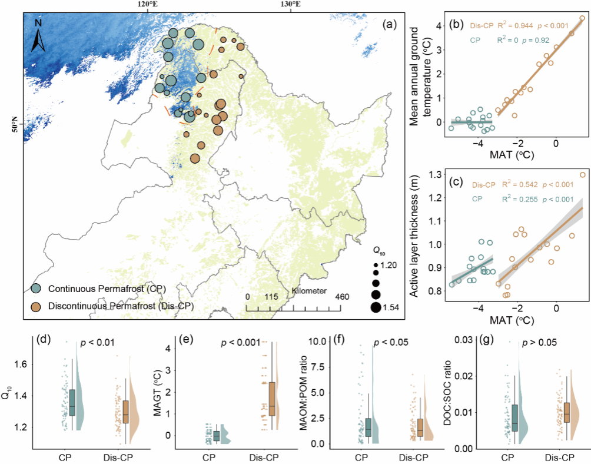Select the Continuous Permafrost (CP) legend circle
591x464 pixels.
pyautogui.click(x=36, y=290)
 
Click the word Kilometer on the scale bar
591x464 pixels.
pyautogui.click(x=308, y=291)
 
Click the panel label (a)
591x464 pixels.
pyautogui.click(x=390, y=25)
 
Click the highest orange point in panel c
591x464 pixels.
pyautogui.click(x=582, y=175)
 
